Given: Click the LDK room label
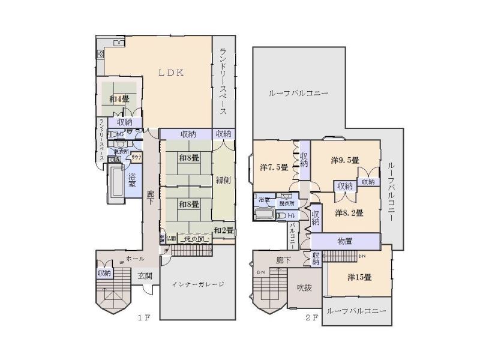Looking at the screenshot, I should (171, 72).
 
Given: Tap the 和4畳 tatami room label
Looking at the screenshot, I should (119, 99).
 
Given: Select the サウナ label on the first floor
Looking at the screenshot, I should (136, 158).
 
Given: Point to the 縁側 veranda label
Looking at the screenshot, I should (222, 178).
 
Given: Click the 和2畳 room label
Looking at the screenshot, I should (223, 230).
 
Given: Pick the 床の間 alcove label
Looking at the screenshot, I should (193, 239).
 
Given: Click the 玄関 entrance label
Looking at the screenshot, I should (145, 276).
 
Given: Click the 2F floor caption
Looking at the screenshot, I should (311, 319).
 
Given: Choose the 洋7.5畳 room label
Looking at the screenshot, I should (274, 167).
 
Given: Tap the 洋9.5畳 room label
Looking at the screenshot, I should (344, 160).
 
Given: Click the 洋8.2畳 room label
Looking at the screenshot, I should (349, 212).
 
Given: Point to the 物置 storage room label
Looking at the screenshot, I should (344, 241).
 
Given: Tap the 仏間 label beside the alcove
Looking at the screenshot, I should (170, 239).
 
